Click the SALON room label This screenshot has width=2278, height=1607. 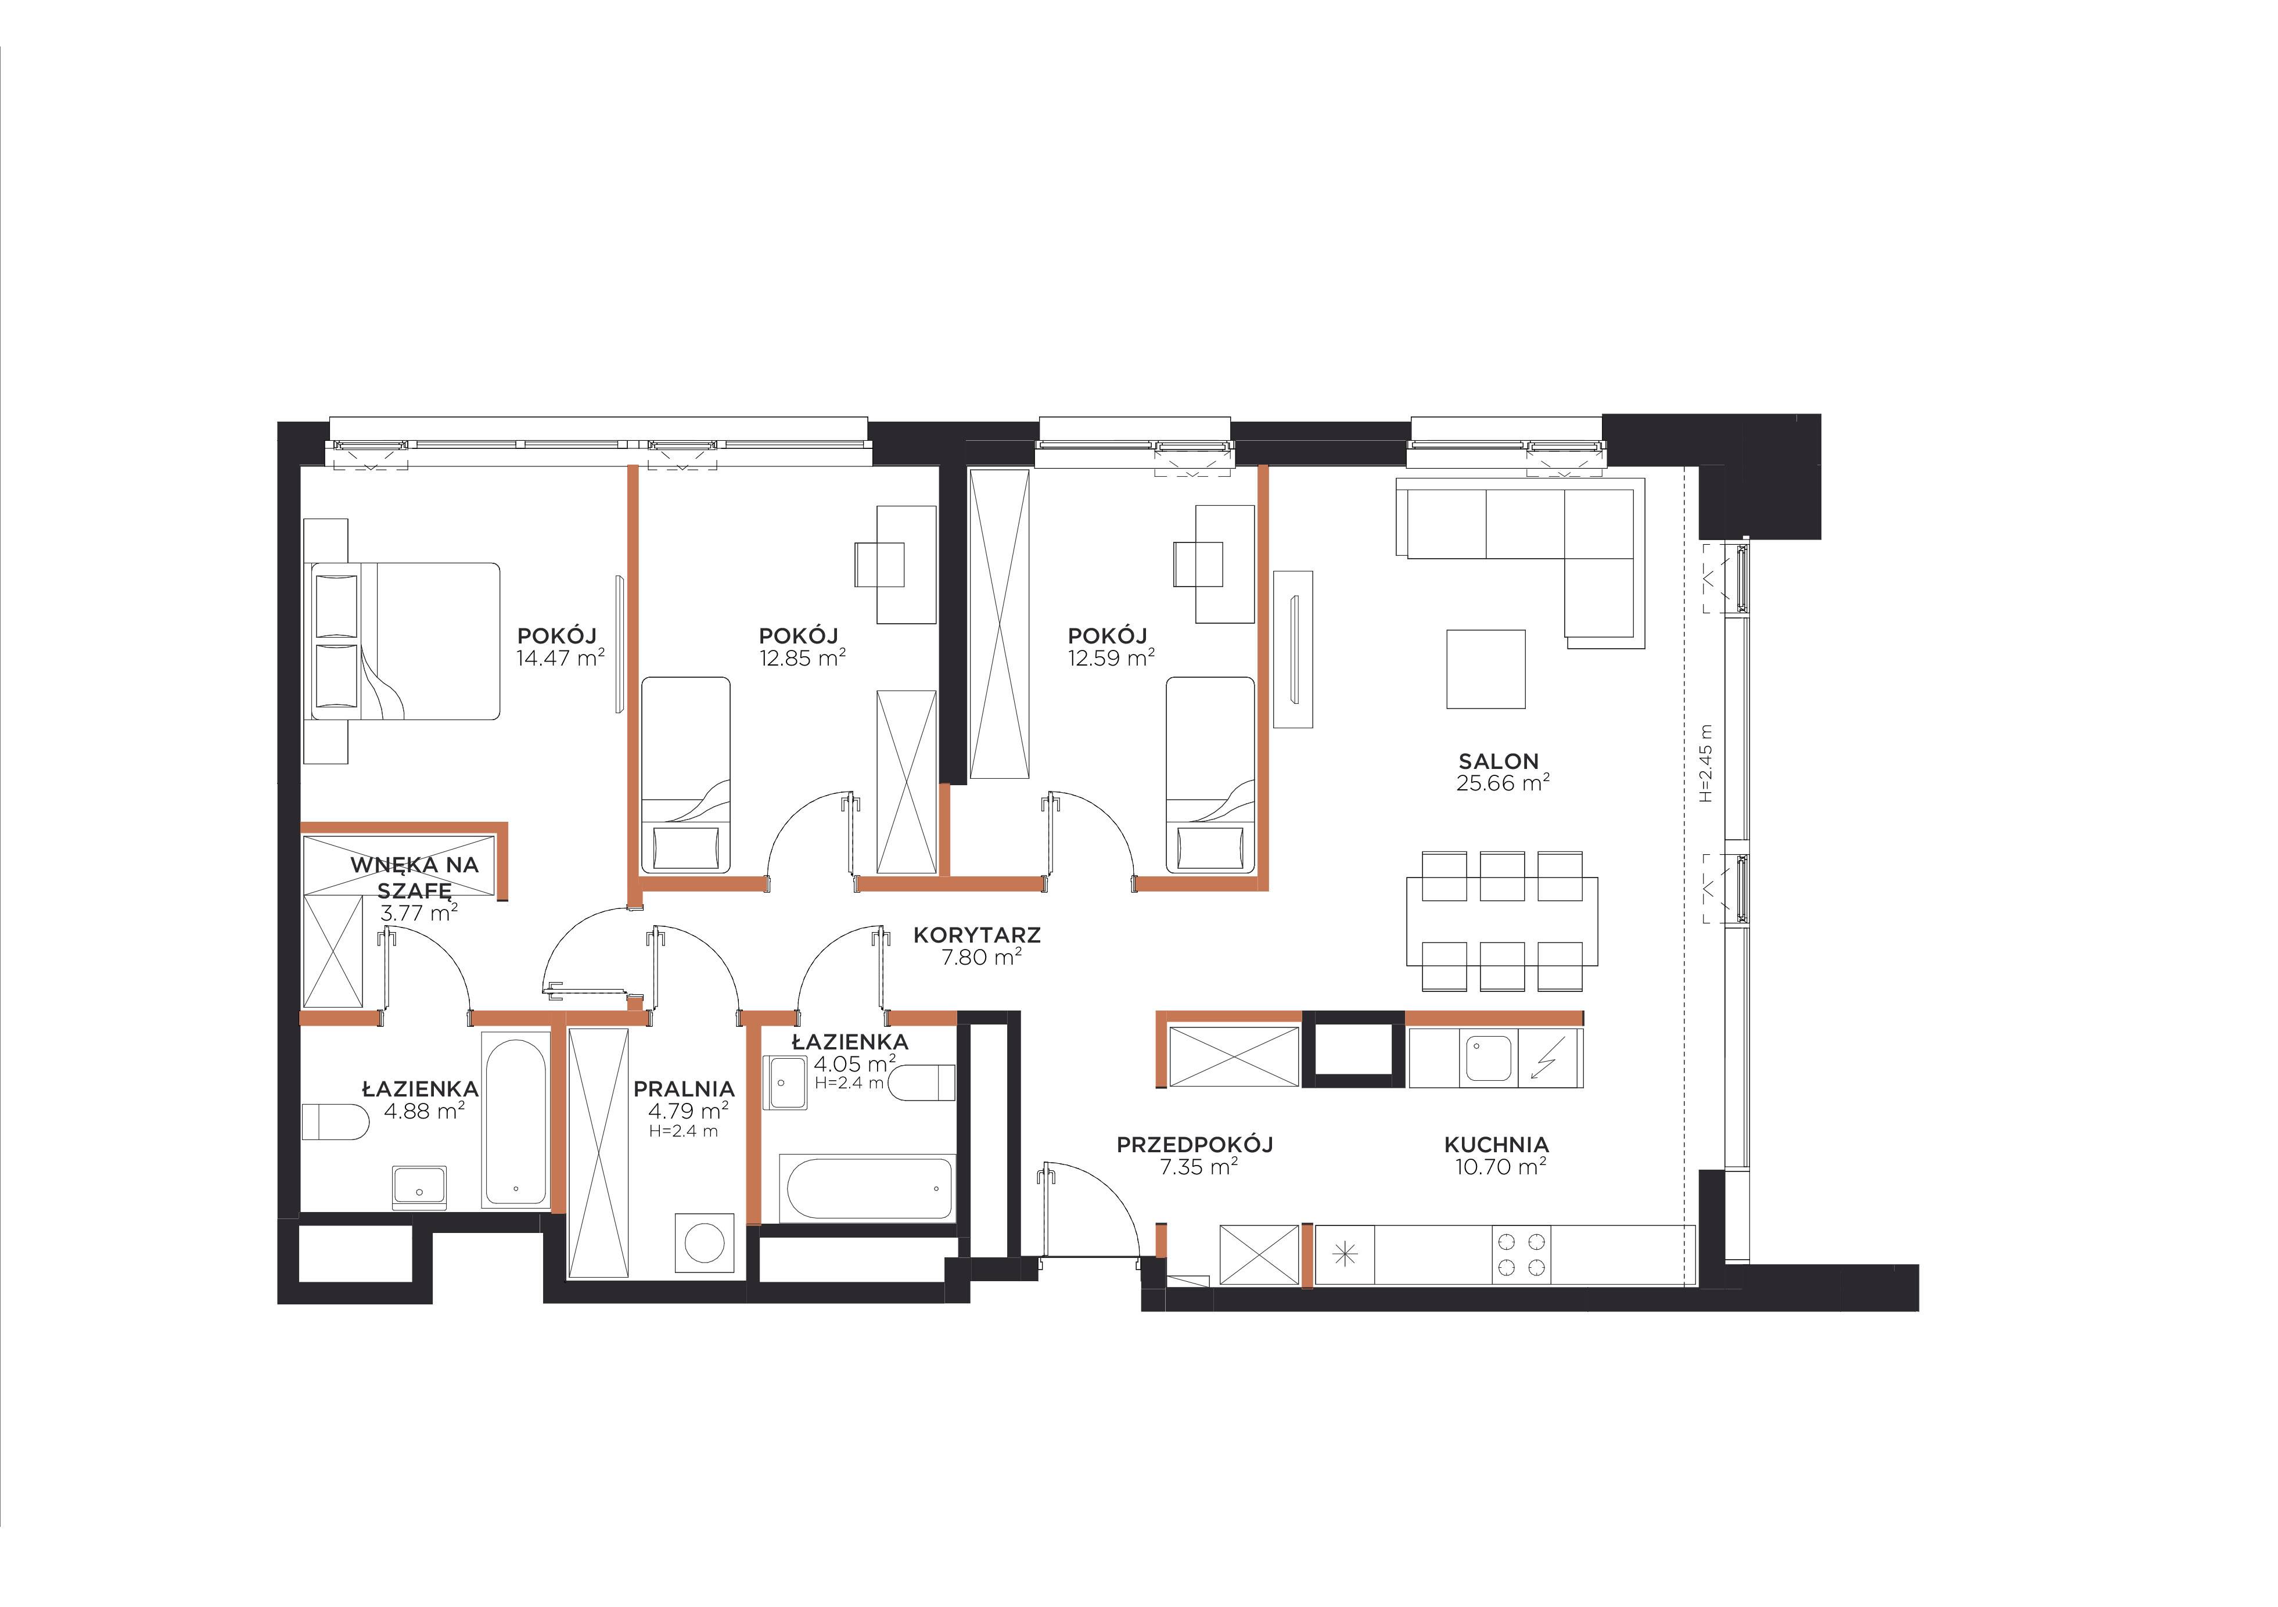pyautogui.click(x=1498, y=762)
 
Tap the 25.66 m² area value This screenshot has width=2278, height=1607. pyautogui.click(x=1502, y=783)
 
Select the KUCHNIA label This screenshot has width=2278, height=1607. pyautogui.click(x=1496, y=1145)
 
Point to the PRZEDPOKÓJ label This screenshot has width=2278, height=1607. pyautogui.click(x=1195, y=1145)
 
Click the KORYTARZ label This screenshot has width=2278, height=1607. pyautogui.click(x=976, y=934)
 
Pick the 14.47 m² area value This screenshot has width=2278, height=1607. pyautogui.click(x=559, y=657)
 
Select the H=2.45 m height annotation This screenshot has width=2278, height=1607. pyautogui.click(x=1705, y=763)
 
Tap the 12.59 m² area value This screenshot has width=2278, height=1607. pyautogui.click(x=1111, y=657)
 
